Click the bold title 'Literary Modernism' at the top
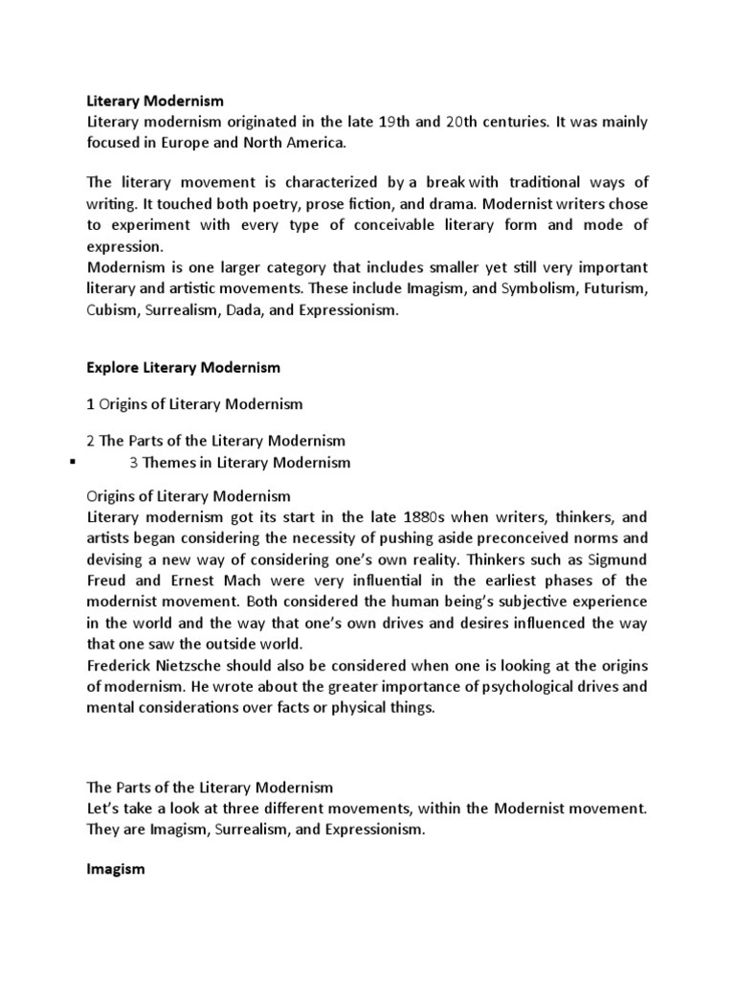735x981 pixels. pyautogui.click(x=147, y=100)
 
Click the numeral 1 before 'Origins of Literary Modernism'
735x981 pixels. pyautogui.click(x=91, y=404)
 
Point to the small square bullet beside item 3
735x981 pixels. pyautogui.click(x=73, y=463)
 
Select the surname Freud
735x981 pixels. pyautogui.click(x=108, y=581)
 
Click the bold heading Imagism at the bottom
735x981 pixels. pyautogui.click(x=115, y=869)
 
